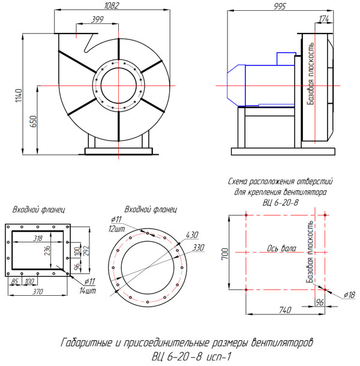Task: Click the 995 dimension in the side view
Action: click(279, 5)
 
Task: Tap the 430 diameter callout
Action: click(192, 235)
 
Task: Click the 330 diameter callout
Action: click(198, 247)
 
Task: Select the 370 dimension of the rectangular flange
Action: click(37, 291)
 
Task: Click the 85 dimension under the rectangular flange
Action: click(14, 281)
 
